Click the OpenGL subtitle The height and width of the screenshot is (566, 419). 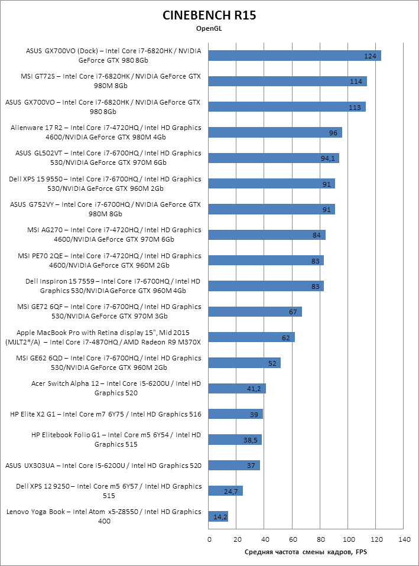[x=209, y=28]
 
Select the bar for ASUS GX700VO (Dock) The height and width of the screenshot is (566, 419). [x=294, y=56]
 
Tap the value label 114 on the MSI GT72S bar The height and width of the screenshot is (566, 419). [x=356, y=82]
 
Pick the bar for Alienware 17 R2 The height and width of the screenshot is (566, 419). [x=275, y=132]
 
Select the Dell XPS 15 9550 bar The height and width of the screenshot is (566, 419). [x=272, y=184]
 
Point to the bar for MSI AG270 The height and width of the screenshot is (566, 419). [x=267, y=235]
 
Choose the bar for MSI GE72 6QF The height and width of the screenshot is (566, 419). [x=255, y=312]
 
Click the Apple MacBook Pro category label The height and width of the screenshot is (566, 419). [x=103, y=337]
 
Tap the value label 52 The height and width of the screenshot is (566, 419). [x=272, y=363]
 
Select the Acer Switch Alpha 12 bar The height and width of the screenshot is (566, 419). [x=238, y=389]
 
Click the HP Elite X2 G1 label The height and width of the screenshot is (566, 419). [x=106, y=415]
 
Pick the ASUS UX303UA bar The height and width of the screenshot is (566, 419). [x=234, y=466]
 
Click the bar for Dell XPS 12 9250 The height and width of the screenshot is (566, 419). [x=226, y=491]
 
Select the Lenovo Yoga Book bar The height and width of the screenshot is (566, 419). [x=218, y=517]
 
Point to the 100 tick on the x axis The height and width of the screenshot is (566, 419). [x=349, y=539]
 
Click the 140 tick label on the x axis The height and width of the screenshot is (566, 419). [x=405, y=539]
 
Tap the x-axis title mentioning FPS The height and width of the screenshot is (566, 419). [x=306, y=552]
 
